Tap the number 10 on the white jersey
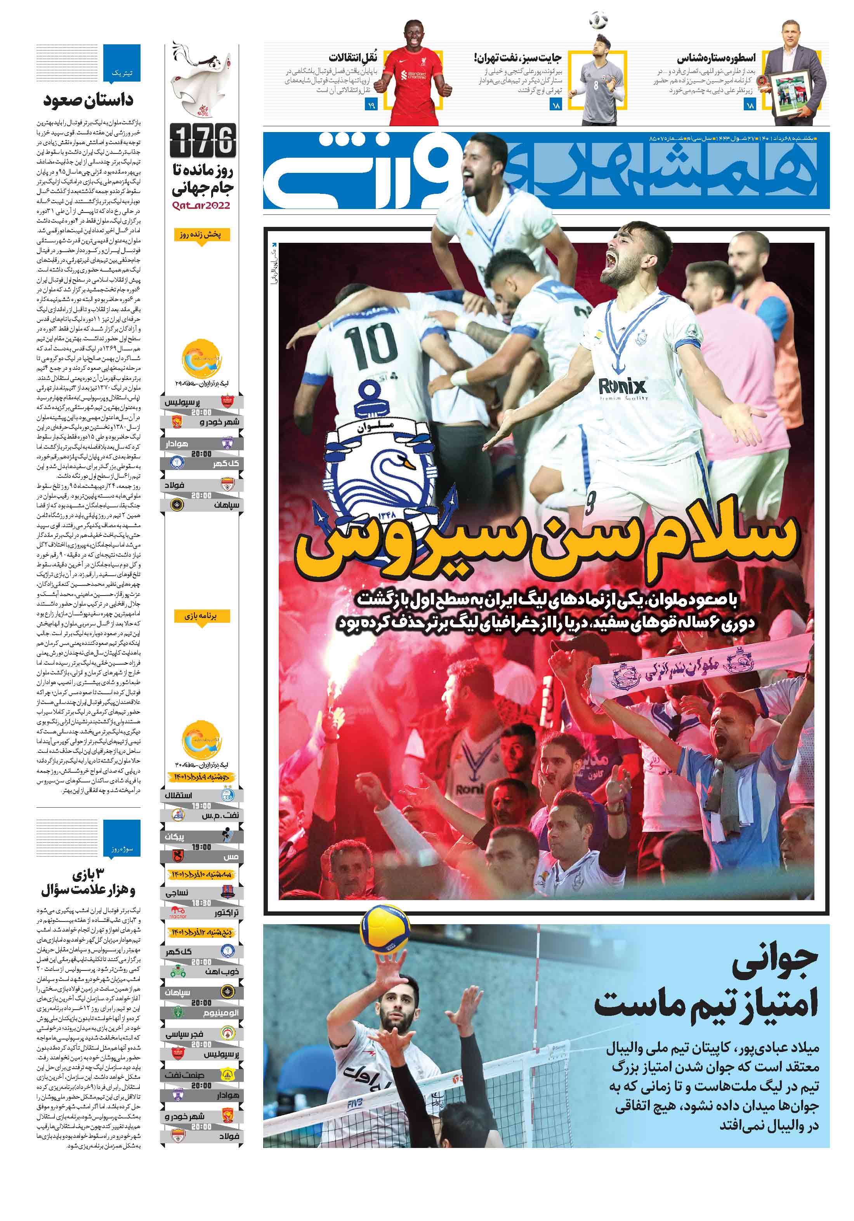370,346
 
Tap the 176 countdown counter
203,140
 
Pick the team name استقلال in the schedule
179,796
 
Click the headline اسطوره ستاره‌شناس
715,59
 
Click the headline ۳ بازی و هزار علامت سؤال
88,882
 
